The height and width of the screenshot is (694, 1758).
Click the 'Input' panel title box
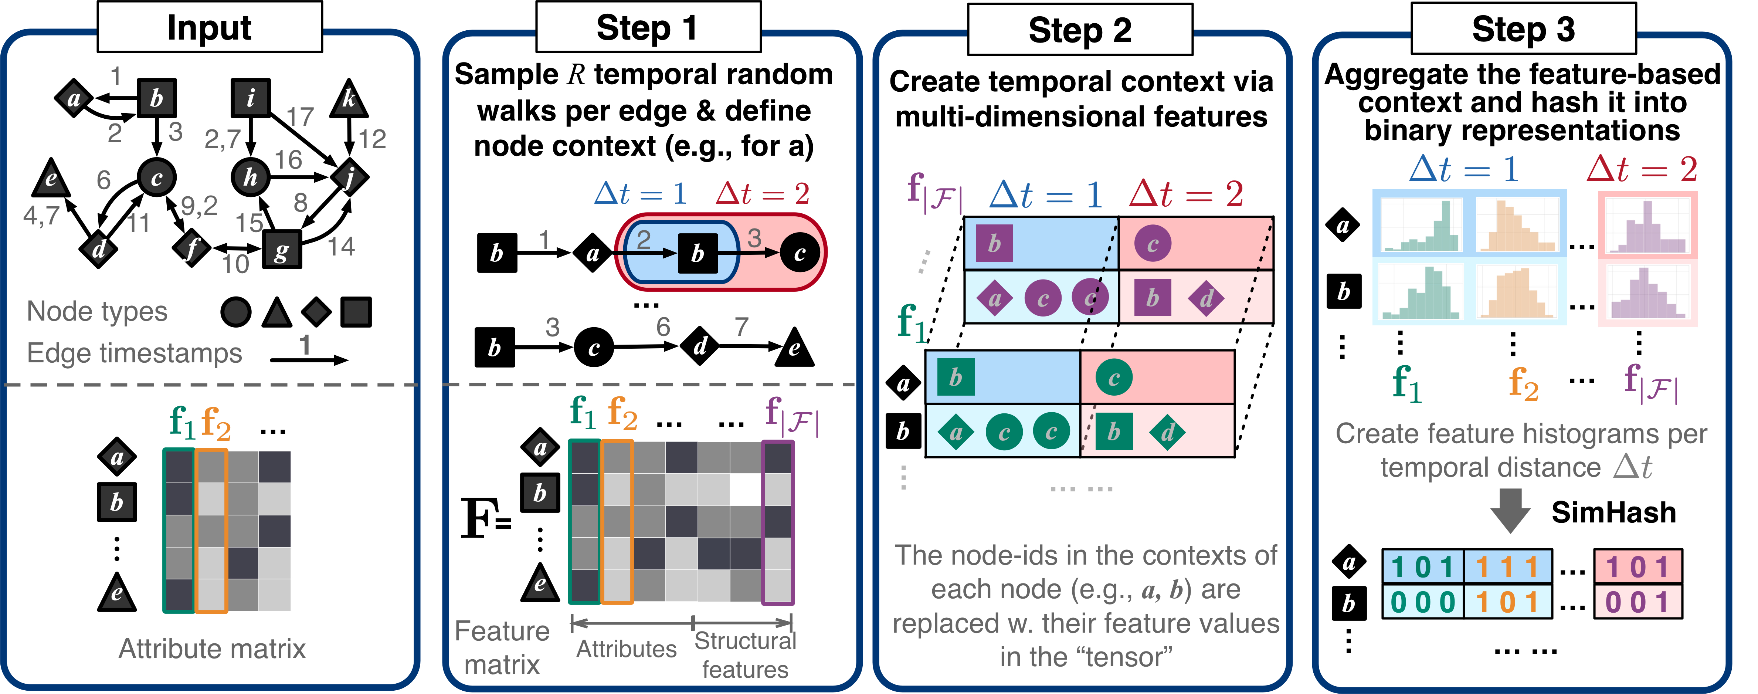click(210, 27)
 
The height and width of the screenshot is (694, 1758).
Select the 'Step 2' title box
click(1080, 30)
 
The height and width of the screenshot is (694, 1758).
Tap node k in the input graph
click(349, 99)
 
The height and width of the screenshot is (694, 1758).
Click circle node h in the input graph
click(251, 177)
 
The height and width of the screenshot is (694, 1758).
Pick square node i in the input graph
click(251, 98)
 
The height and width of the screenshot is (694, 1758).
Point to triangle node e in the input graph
click(51, 179)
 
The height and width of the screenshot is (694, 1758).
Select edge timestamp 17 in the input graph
click(300, 117)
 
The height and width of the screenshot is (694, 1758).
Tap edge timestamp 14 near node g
click(340, 246)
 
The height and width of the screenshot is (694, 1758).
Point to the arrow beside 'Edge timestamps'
click(309, 360)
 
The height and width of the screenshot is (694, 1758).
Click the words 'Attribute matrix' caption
click(212, 648)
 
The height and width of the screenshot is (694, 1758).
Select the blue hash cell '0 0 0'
click(1423, 603)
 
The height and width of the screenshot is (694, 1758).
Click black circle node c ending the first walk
click(800, 253)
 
